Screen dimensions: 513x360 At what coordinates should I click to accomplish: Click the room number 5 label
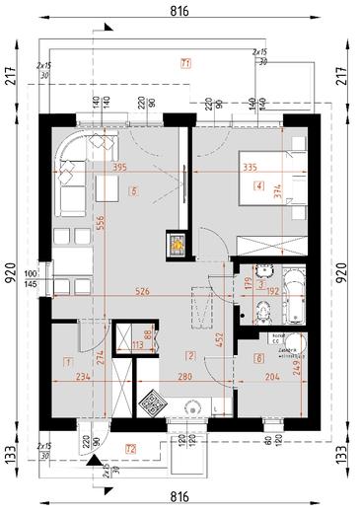coord(132,190)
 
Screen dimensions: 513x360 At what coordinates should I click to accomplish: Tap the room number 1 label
coord(66,363)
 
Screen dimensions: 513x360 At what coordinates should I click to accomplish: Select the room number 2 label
coord(192,355)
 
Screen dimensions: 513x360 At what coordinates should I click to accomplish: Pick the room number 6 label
coord(258,357)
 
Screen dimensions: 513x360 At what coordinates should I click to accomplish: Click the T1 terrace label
coord(184,63)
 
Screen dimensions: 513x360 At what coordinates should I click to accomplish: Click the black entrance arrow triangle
coord(93,460)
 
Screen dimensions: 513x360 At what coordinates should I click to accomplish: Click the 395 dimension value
coord(120,169)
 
